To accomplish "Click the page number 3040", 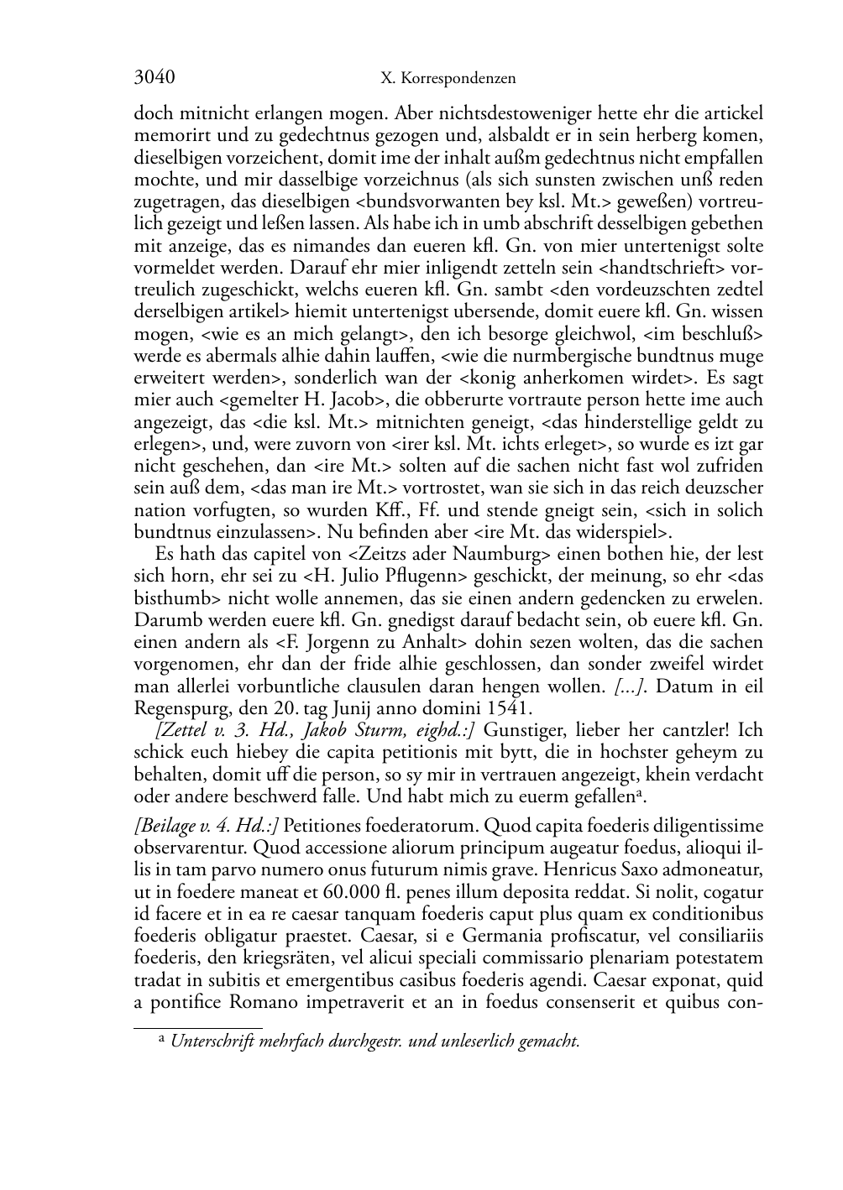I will point(154,78).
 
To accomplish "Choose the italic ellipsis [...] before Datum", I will point(630,686).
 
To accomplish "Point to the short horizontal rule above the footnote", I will point(198,1026).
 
